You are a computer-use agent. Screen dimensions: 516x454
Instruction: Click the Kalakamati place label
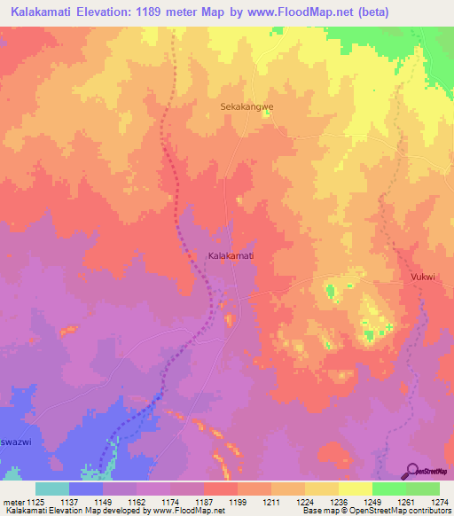(x=231, y=255)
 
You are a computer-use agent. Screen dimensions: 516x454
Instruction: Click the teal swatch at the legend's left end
(x=52, y=489)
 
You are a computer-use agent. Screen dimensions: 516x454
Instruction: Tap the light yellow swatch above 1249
(x=355, y=489)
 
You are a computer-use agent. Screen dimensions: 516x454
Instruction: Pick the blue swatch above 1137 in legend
(x=86, y=489)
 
